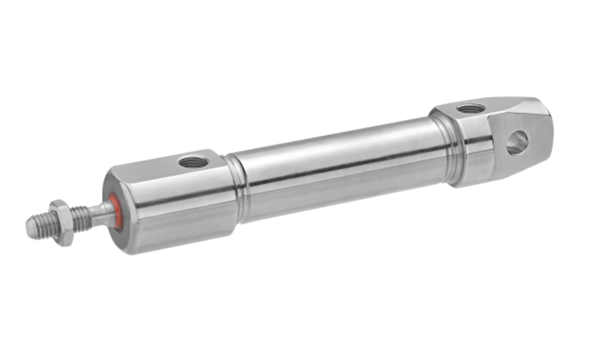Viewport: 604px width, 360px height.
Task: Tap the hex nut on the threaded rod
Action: click(x=62, y=223)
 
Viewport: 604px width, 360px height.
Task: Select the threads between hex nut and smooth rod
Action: click(x=81, y=217)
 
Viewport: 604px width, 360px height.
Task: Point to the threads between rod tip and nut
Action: click(x=45, y=225)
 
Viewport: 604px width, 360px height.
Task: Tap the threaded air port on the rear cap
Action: click(x=471, y=108)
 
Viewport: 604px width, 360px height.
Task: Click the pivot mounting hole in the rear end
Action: click(x=517, y=143)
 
